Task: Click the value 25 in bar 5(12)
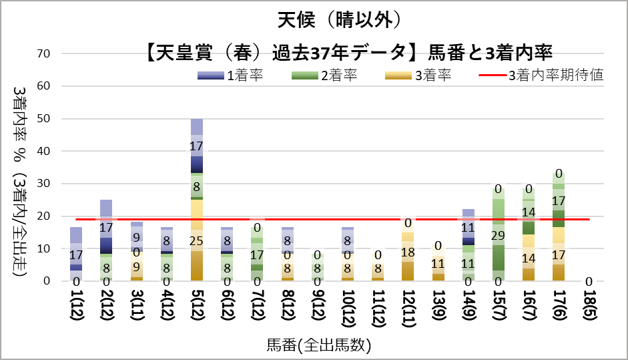point(197,240)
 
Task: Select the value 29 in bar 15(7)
point(498,235)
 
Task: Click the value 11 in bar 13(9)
point(438,263)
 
